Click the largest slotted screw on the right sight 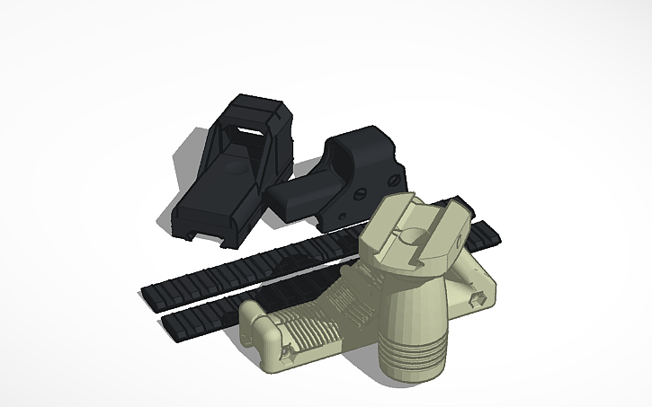pos(359,191)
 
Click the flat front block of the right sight pos(297,197)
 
